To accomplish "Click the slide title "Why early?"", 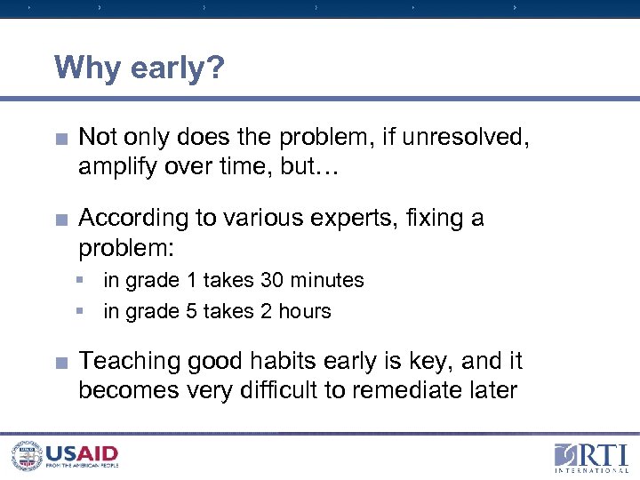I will [140, 68].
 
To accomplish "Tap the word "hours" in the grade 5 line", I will [304, 311].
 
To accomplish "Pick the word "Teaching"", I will [130, 362].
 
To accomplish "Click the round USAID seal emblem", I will [26, 455].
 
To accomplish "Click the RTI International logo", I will [590, 455].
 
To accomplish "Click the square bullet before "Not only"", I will [61, 138].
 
